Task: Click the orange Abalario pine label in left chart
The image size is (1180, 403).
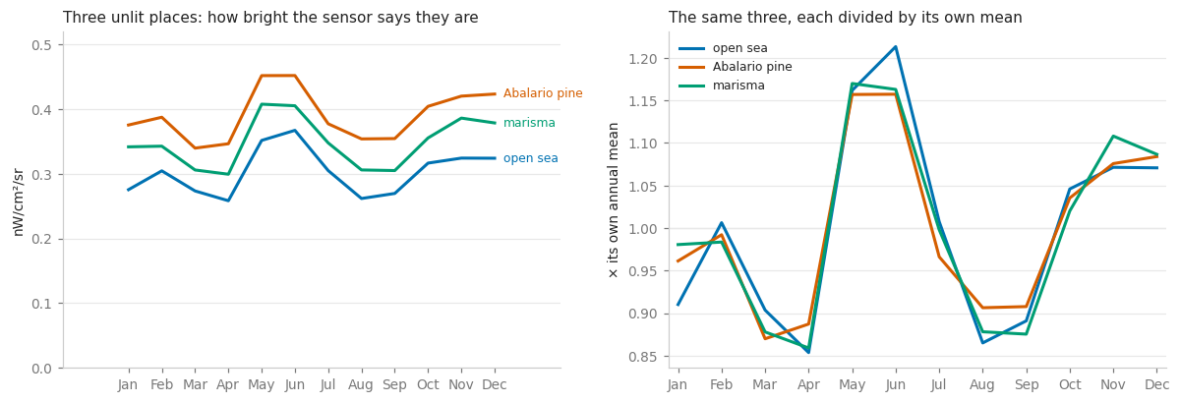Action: point(543,93)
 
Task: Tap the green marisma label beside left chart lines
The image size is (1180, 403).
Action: point(529,123)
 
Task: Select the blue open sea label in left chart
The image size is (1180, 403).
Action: point(530,158)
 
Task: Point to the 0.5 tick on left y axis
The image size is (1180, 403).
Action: point(41,45)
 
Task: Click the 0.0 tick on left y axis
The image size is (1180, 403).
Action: point(41,369)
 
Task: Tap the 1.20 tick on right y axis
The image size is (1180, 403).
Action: point(643,59)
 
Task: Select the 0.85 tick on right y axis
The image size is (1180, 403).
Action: point(643,357)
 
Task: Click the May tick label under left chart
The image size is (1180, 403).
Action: point(262,385)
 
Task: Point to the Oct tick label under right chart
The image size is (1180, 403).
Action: point(1070,385)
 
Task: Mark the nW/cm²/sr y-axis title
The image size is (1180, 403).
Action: point(18,202)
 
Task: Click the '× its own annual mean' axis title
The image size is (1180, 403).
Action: point(613,201)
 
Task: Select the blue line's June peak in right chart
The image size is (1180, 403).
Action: point(896,47)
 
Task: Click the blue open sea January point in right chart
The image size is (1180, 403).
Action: point(678,305)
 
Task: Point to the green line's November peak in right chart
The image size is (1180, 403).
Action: point(1113,136)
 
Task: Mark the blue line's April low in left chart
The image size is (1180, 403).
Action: point(228,201)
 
